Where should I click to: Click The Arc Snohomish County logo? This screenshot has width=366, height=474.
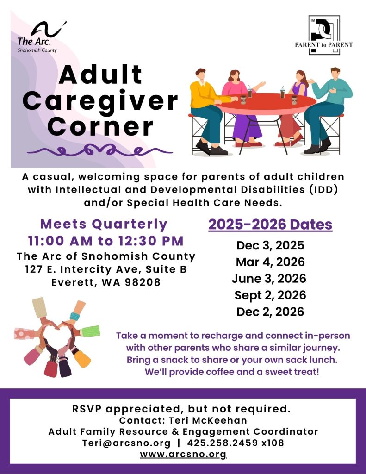pos(41,37)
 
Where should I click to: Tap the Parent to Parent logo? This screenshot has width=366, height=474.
pos(324,35)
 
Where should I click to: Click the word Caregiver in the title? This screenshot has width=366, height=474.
pos(100,101)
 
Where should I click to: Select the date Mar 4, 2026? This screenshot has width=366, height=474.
pos(270,262)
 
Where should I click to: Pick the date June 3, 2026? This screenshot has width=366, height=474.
pos(269,278)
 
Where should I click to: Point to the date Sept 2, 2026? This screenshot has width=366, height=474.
pos(270,295)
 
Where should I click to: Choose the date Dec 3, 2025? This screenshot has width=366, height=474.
pos(270,245)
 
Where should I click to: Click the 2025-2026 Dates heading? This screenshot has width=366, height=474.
pos(270,225)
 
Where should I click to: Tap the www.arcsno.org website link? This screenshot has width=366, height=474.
pos(183,455)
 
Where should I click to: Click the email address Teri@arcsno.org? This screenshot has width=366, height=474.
pos(126,443)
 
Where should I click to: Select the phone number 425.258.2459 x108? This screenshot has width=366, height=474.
pos(236,443)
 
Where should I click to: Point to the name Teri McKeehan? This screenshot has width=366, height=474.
pos(208,420)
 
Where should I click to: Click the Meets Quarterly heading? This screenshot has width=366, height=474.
pos(104,225)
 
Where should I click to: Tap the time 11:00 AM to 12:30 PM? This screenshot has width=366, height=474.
pos(106,241)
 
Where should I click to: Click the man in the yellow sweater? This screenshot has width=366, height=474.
pos(208,111)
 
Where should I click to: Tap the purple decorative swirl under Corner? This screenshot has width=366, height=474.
pos(100,150)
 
